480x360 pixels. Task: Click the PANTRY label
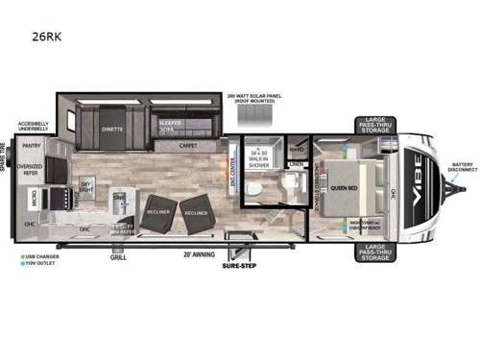click(32, 146)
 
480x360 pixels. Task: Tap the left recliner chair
click(155, 212)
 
